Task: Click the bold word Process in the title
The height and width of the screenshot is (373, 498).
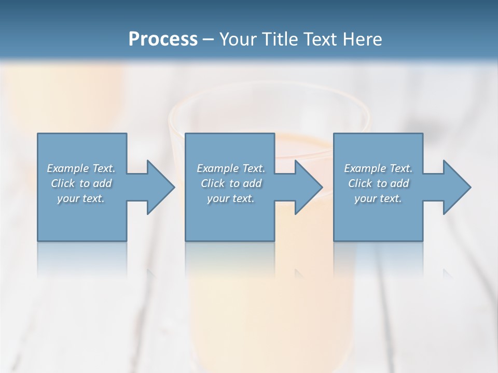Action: tap(163, 39)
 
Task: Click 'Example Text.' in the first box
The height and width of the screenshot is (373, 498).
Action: tap(81, 168)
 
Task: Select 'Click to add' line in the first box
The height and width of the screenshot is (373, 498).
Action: tap(81, 183)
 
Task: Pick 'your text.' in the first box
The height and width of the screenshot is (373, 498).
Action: tap(81, 198)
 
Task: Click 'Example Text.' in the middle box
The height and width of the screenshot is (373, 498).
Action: tap(231, 168)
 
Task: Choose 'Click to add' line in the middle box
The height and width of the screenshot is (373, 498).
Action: tap(231, 183)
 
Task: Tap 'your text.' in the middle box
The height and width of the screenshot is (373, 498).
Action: tap(231, 198)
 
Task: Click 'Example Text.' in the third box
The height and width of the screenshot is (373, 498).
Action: tap(378, 168)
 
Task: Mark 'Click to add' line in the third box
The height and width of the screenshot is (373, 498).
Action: tap(378, 183)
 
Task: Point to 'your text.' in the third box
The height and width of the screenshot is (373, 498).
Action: tap(378, 198)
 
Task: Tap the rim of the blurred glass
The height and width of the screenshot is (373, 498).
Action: tap(270, 93)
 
